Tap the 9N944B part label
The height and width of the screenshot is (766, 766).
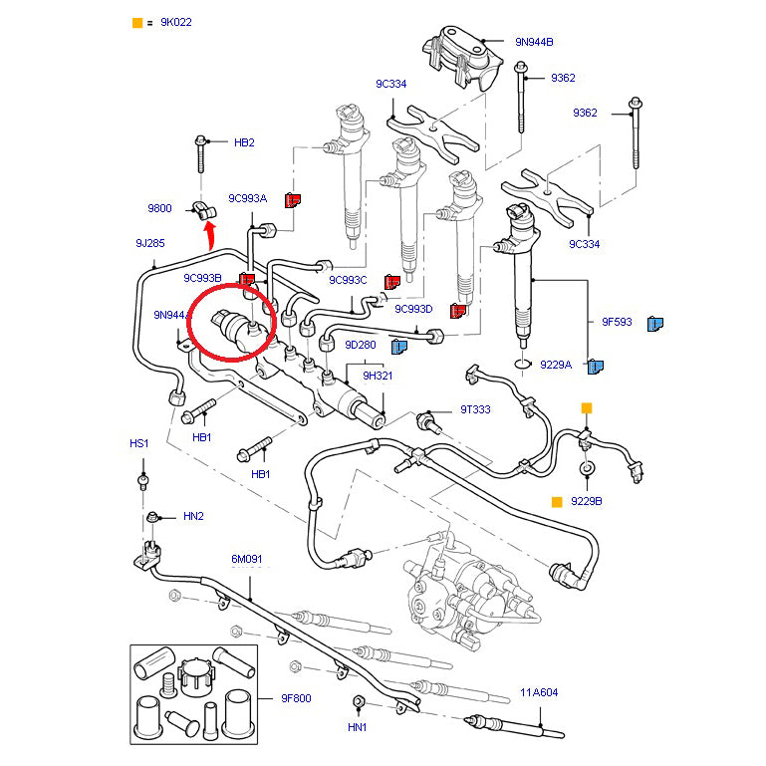tap(534, 42)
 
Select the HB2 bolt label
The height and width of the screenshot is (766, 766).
tap(244, 142)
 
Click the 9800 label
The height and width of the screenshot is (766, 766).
tap(159, 208)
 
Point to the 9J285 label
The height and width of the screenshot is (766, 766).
tap(150, 242)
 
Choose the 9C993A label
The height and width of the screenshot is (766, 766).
tap(247, 198)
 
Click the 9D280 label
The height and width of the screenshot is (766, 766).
tap(361, 345)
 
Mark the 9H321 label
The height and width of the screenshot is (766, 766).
tap(378, 376)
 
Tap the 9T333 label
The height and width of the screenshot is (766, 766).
tap(475, 409)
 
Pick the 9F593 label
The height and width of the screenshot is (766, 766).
tap(617, 322)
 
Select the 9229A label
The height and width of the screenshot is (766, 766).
tap(556, 365)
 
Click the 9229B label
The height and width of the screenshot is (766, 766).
tap(587, 501)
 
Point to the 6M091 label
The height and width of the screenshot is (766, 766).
tap(247, 559)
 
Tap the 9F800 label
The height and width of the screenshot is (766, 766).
tap(294, 698)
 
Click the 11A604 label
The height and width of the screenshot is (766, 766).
tap(538, 692)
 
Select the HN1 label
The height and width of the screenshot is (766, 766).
tap(358, 728)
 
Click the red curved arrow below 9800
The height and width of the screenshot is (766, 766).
tap(210, 235)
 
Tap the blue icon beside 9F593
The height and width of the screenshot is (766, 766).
tap(655, 323)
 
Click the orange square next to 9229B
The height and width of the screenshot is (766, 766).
tap(557, 501)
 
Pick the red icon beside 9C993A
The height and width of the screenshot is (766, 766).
tap(293, 199)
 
